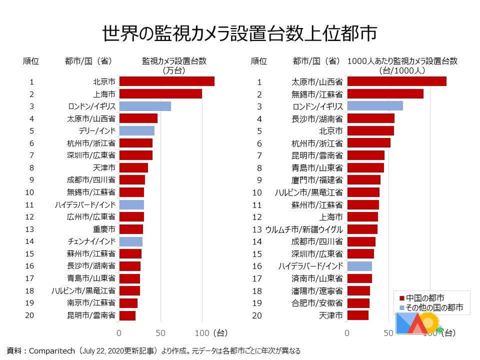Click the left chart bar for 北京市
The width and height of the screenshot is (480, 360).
pos(166,81)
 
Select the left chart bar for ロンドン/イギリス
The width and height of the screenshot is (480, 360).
pos(145,106)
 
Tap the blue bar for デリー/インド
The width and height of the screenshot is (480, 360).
pos(136,130)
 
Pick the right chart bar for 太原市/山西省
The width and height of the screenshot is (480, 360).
pos(396,81)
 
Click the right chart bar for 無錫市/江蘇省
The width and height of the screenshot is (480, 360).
pos(385,94)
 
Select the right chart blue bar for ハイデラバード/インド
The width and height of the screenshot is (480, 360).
pos(359,266)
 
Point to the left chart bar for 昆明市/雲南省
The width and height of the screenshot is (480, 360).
pos(127,315)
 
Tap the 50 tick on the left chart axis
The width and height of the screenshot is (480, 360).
pos(161,332)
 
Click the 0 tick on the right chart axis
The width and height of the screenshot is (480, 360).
pos(347,332)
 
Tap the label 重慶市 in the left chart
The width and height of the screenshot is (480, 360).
pos(104,229)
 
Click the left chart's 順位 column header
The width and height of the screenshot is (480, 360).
pos(31,61)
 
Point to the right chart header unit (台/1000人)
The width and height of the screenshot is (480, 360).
pos(402,70)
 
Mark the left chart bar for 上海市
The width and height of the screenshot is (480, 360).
pos(160,94)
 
